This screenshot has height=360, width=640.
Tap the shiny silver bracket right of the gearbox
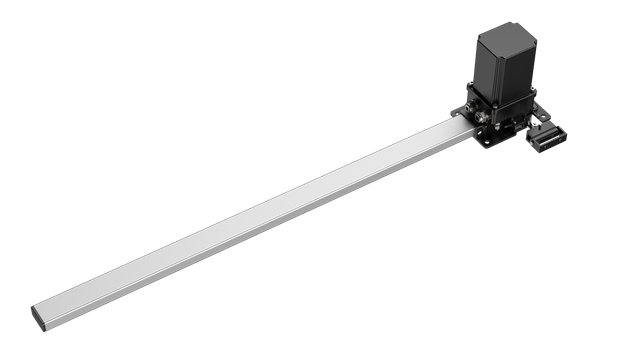536,121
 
